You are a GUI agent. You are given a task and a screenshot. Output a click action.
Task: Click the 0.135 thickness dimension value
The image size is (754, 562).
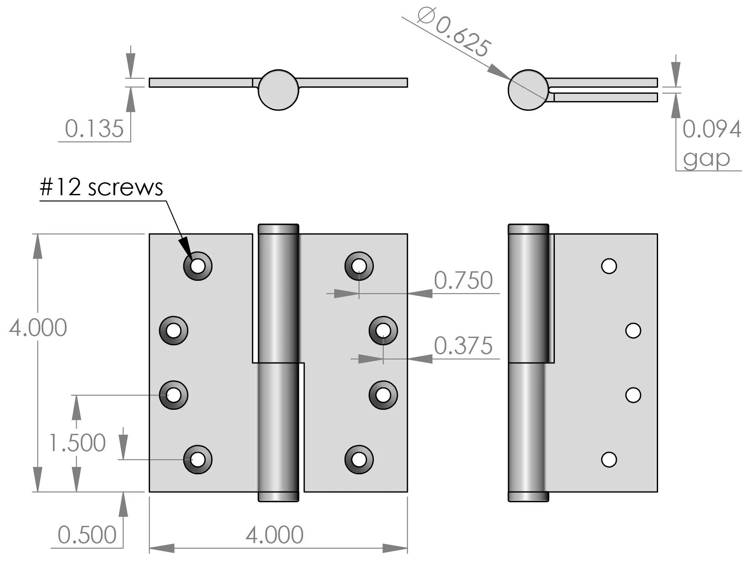[x=94, y=129]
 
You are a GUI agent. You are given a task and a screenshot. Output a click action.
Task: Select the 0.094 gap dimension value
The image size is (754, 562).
[x=711, y=129]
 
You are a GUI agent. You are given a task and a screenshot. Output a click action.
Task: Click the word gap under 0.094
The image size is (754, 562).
[x=706, y=159]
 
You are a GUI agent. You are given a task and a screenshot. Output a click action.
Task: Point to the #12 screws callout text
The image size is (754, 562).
[x=102, y=187]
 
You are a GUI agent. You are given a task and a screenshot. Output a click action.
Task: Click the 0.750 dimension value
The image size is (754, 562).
[x=463, y=280]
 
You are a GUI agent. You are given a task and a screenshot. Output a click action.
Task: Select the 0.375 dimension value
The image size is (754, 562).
[x=463, y=346]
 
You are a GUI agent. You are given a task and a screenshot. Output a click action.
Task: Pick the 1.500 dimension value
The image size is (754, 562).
[x=77, y=443]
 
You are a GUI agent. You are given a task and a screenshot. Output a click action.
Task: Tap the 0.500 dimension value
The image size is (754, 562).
[x=87, y=535]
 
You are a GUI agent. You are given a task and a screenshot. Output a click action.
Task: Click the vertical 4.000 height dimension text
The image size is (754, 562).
[x=38, y=328]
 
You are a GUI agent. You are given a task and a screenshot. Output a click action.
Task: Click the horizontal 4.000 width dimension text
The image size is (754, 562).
[x=274, y=535]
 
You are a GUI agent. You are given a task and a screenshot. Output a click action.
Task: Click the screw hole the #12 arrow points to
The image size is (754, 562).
[x=198, y=266]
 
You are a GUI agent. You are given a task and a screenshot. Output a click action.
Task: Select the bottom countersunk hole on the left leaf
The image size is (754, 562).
[x=198, y=459]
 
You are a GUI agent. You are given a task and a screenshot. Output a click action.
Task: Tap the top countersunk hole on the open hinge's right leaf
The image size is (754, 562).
[x=359, y=266]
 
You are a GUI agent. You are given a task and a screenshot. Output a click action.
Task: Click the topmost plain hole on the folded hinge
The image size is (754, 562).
[x=609, y=266]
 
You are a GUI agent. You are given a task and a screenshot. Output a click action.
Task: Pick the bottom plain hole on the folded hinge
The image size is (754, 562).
[x=609, y=459]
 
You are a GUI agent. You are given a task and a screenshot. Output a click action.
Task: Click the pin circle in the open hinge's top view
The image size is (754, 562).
[x=278, y=90]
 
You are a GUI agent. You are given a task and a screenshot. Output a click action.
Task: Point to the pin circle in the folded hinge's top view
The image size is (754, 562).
[x=528, y=90]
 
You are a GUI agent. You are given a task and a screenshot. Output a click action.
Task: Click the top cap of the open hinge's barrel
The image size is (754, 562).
[x=278, y=229]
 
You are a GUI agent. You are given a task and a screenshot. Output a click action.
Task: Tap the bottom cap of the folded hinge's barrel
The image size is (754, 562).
[x=528, y=497]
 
